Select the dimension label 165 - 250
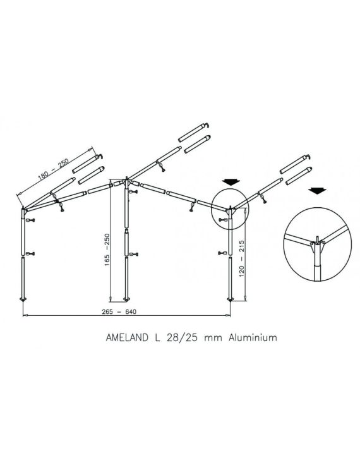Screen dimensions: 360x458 point(107,250)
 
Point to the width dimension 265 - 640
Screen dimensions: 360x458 point(119,311)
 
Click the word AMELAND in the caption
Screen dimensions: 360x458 point(127,337)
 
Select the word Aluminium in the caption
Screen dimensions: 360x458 point(253,337)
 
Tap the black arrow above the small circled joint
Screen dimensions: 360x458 point(231,183)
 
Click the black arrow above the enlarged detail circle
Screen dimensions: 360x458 point(317,191)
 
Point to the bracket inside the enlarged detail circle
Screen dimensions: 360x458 point(317,248)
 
